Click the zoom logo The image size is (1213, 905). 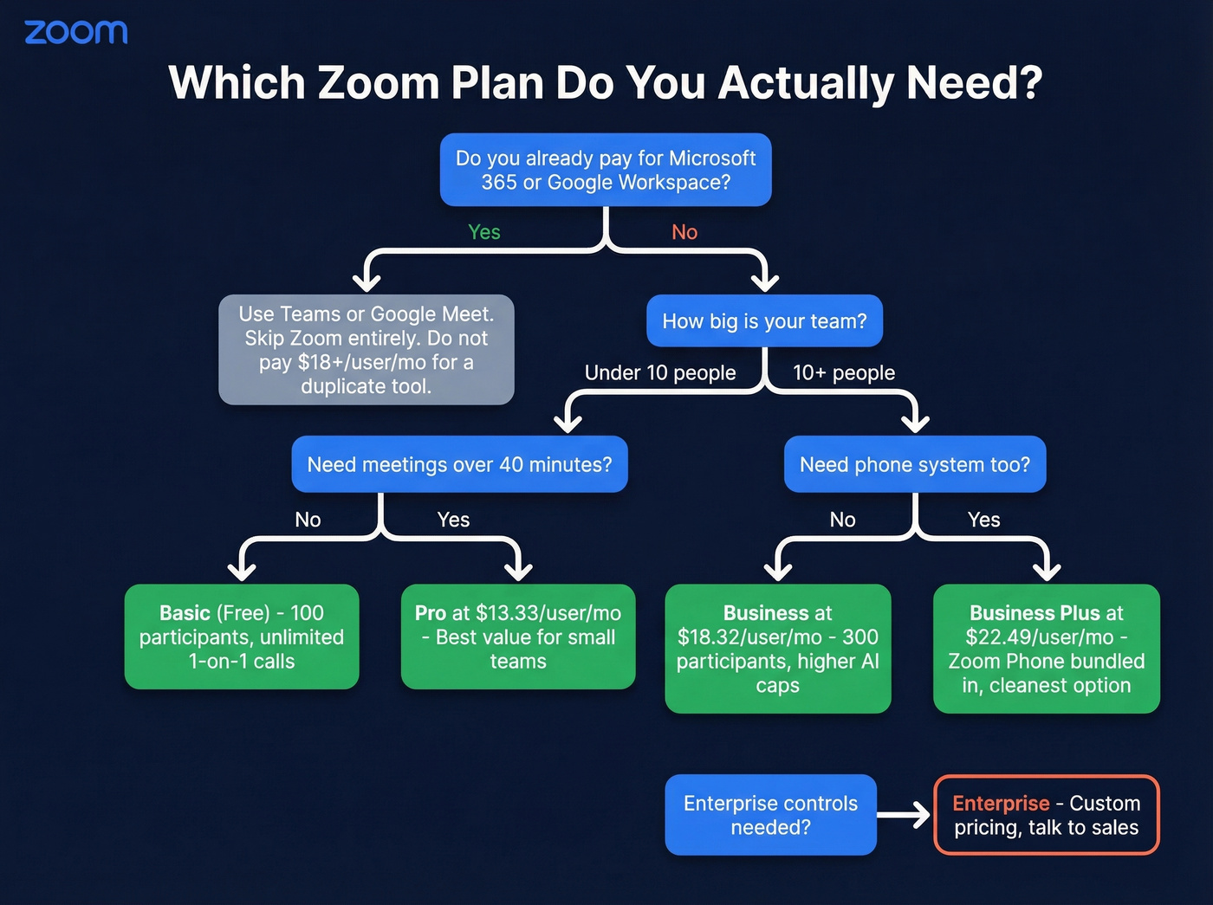click(x=76, y=33)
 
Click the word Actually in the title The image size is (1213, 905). click(x=807, y=83)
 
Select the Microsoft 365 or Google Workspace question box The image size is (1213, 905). click(x=606, y=170)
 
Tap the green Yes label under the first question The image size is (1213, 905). click(x=483, y=232)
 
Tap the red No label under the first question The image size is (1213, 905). click(x=684, y=232)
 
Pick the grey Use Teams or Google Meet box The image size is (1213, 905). click(x=366, y=350)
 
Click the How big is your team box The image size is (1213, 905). click(x=764, y=321)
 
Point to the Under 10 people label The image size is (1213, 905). click(x=660, y=372)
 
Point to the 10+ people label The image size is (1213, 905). click(x=844, y=372)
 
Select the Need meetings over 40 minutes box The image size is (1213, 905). click(x=459, y=464)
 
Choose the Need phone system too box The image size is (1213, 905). click(x=915, y=464)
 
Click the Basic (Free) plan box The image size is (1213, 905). click(x=242, y=637)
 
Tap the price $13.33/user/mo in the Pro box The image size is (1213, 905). click(x=548, y=613)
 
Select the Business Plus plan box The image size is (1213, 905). click(x=1047, y=649)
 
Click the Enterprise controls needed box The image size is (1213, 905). click(x=770, y=815)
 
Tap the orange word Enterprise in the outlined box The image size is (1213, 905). click(x=1001, y=804)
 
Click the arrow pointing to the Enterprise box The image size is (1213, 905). click(x=905, y=815)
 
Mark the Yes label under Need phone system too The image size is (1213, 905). click(x=983, y=520)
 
